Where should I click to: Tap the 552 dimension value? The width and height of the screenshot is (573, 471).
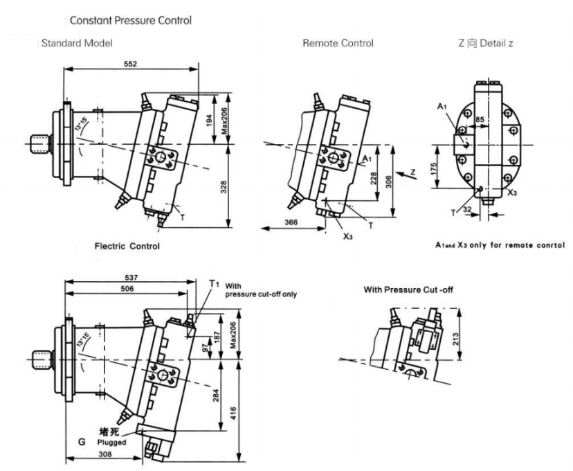tap(129, 64)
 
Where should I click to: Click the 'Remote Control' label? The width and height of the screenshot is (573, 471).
tap(338, 44)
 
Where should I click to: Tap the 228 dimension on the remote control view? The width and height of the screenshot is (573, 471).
tap(374, 179)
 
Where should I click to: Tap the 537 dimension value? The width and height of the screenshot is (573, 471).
tap(131, 276)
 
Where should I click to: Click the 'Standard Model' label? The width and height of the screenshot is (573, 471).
tap(78, 44)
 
